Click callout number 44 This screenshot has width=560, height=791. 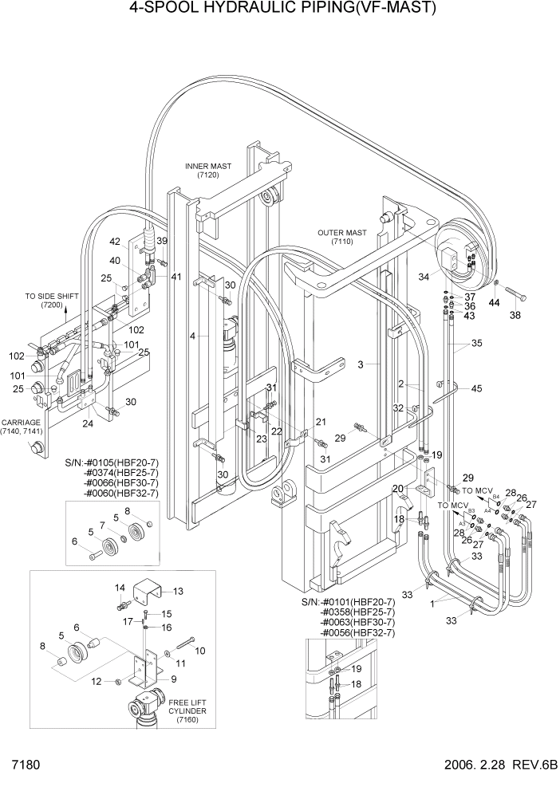point(495,304)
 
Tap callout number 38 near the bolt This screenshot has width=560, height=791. point(515,315)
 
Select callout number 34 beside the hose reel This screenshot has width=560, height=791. point(424,277)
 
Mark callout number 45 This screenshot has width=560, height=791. point(477,389)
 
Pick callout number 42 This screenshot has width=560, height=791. point(115,241)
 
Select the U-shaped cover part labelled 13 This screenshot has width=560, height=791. point(149,594)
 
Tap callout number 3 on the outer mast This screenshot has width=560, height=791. point(361,364)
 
